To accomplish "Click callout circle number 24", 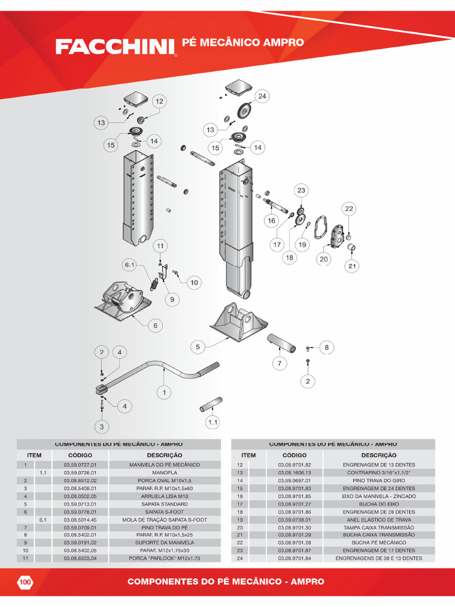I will (x=262, y=96).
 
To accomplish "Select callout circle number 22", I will (x=349, y=209).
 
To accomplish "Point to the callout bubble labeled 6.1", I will (x=130, y=264).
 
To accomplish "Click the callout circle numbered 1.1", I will (x=213, y=423).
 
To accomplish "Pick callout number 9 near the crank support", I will (x=173, y=300).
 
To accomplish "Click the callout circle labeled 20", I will (x=323, y=258).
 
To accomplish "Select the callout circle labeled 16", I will (x=271, y=221).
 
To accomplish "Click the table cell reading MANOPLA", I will (x=165, y=472).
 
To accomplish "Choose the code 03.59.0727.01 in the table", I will (x=75, y=465).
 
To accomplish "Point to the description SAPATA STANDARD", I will (x=165, y=504).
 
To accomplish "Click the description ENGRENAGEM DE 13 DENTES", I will (x=379, y=465).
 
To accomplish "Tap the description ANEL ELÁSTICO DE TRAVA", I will (x=379, y=519).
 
